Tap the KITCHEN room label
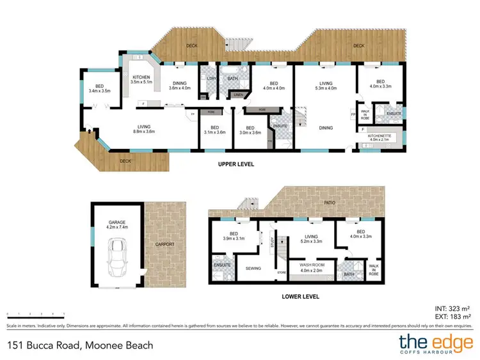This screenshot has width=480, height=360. coord(141,77)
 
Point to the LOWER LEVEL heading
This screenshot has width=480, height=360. coord(300,296)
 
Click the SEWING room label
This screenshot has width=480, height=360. coord(253,269)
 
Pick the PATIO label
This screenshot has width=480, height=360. coord(330,203)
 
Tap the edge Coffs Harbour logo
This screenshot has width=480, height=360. coord(435,344)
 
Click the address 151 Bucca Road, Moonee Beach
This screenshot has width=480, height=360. coord(80,345)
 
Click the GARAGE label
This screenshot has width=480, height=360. coord(116,222)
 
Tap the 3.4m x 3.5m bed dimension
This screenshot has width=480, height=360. coord(99,91)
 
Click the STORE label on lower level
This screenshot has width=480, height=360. coord(280,273)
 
